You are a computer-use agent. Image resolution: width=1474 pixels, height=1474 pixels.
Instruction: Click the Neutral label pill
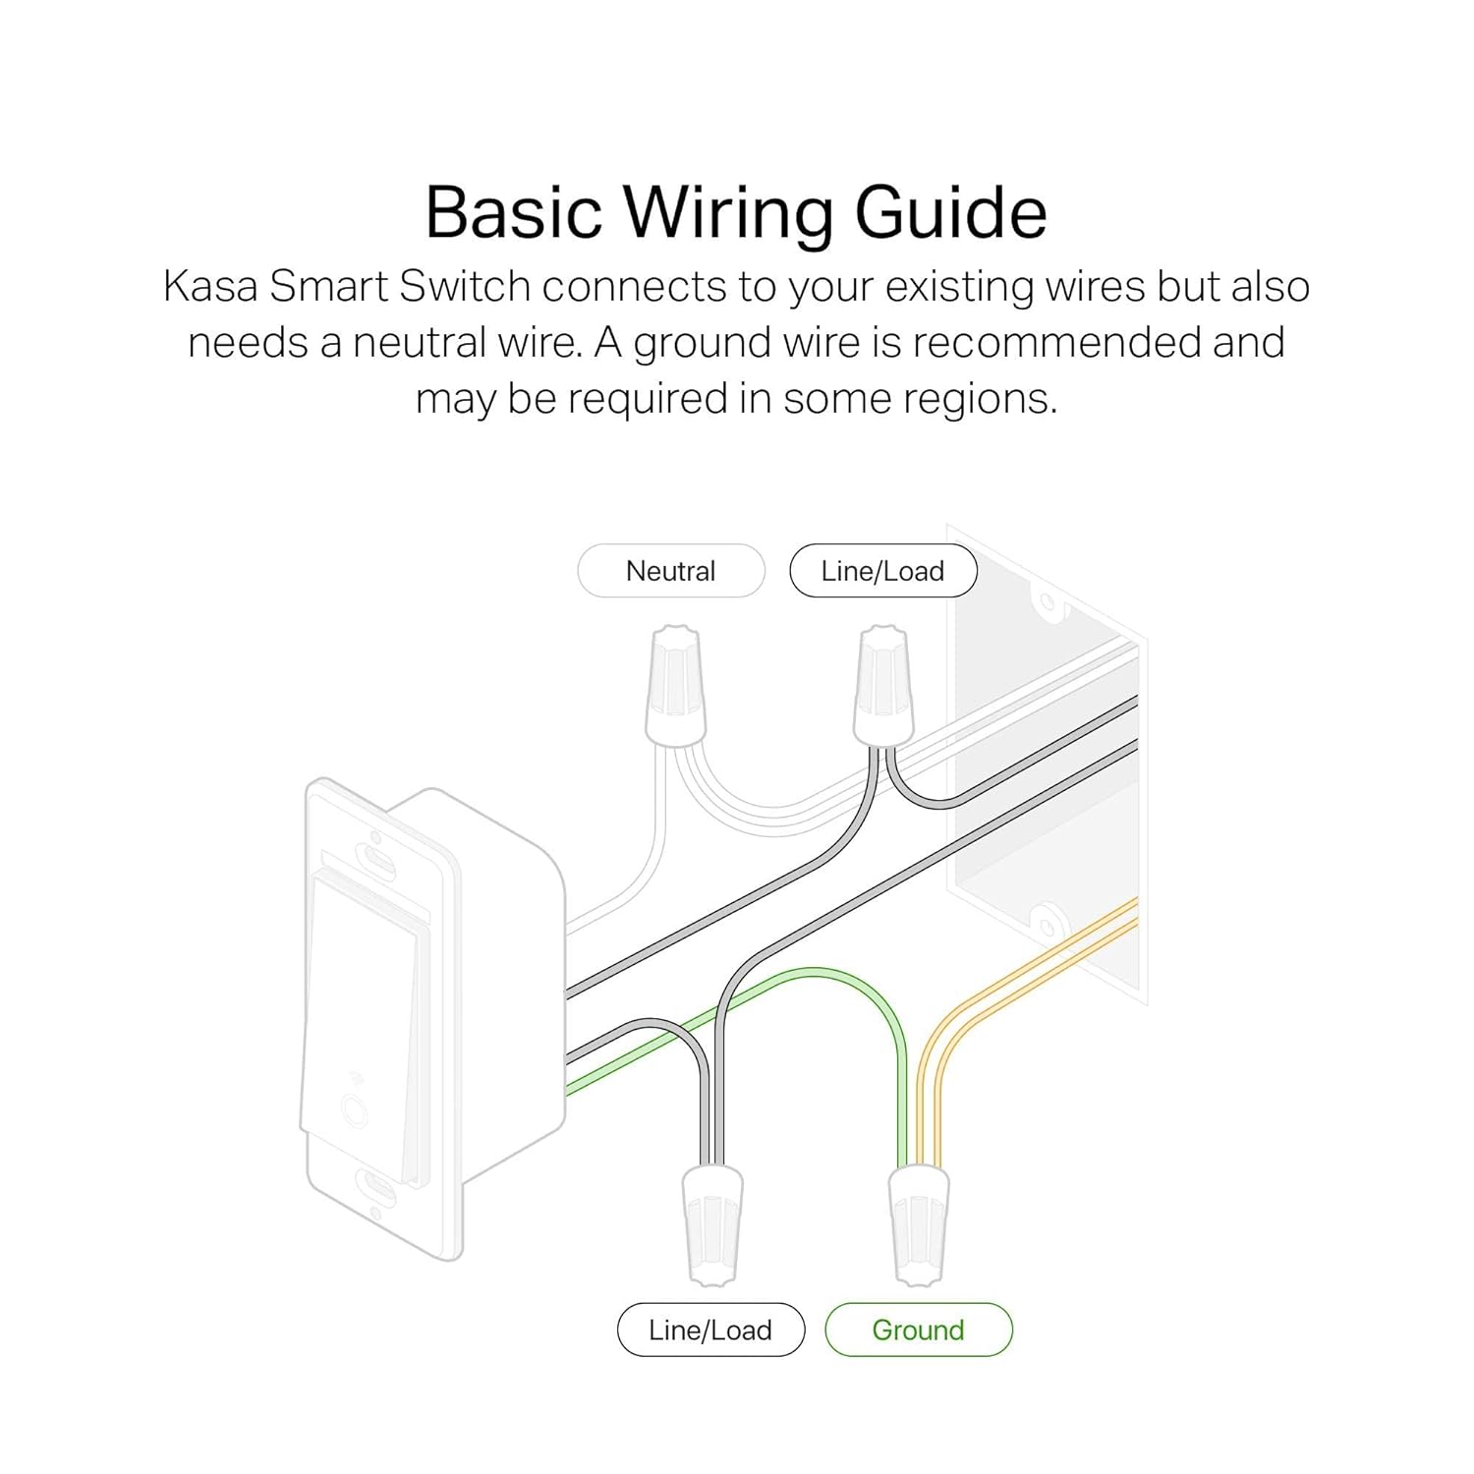671,571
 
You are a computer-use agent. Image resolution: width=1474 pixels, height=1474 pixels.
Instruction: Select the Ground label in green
919,1330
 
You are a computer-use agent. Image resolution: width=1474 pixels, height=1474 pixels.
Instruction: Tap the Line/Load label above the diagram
883,571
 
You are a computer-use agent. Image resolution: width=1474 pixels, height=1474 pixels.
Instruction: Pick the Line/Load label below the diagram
710,1330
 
